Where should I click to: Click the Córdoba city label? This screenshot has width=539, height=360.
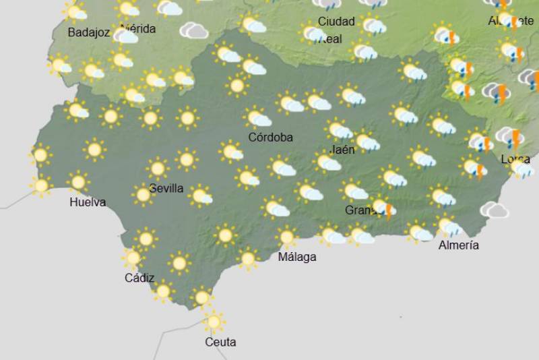point(270,138)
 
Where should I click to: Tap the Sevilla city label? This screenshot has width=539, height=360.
point(166,188)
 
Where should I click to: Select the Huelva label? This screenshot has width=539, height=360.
point(88,202)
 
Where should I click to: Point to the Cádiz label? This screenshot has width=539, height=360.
point(139,278)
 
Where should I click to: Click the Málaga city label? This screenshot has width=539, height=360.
point(297,257)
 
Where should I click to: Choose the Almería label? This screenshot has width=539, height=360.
point(458,245)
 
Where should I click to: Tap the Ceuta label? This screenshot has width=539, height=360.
point(220,342)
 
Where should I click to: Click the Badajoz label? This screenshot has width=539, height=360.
point(89,32)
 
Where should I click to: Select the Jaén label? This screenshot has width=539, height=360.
point(343,150)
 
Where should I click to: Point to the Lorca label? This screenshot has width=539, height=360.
point(515,159)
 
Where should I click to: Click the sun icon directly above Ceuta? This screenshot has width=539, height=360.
point(214,322)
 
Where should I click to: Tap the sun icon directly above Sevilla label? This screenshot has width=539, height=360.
point(158,169)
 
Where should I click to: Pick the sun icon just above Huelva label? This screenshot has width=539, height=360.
point(79,181)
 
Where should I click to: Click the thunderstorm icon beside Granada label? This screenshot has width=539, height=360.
point(383,208)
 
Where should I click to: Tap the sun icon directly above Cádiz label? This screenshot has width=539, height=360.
point(133,258)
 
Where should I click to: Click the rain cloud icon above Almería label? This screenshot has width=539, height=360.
point(448,225)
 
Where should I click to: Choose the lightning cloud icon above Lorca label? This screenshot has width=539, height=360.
point(511,138)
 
